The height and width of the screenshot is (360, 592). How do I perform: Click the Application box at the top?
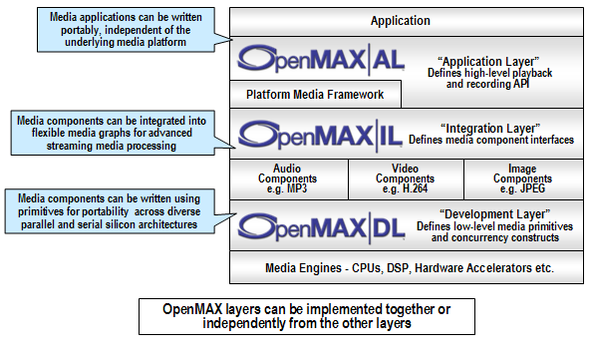coord(401,20)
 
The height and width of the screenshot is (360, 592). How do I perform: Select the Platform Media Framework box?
coord(316,96)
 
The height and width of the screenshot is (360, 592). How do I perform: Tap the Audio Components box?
coord(288,179)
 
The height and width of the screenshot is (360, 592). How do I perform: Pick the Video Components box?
coord(404,179)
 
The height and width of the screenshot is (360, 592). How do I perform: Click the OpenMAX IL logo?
coord(318,133)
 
